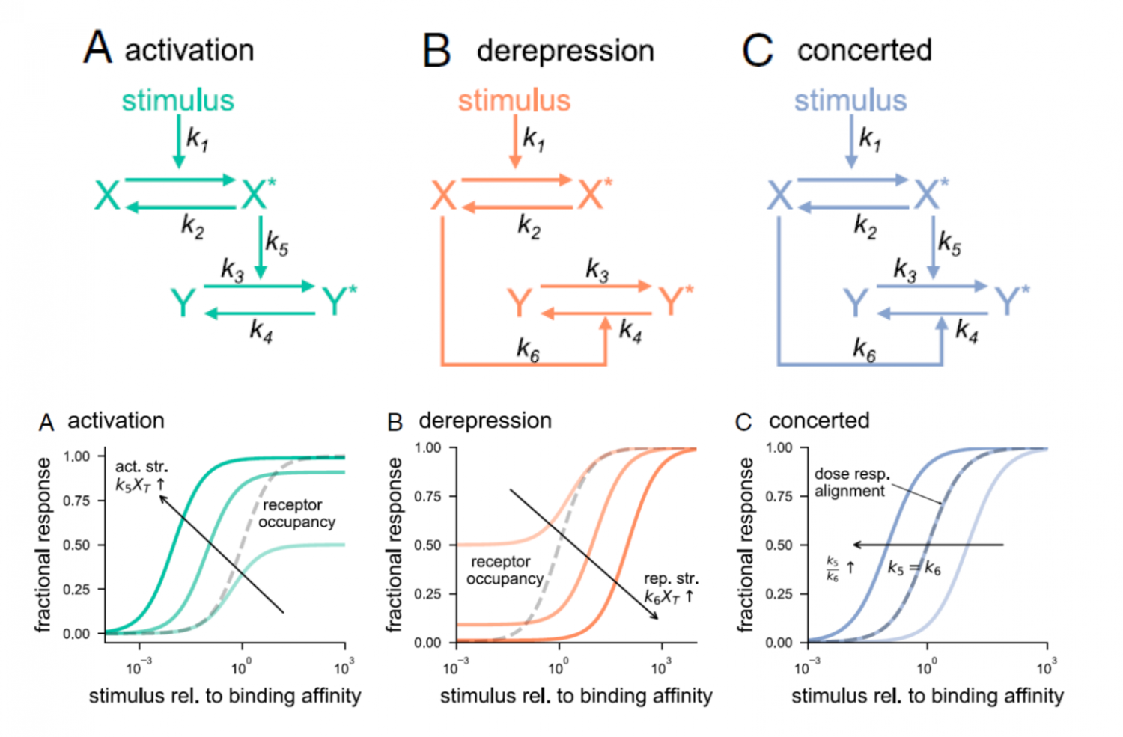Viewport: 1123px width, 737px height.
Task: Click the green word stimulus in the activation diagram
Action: [177, 100]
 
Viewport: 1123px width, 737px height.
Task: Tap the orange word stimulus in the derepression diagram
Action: [514, 100]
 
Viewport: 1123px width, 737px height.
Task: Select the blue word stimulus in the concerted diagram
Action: [850, 100]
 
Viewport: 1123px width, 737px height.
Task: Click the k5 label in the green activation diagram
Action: [276, 243]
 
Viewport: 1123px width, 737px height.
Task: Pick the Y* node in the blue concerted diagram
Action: [1011, 301]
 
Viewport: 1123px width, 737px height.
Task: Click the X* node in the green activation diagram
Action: [258, 194]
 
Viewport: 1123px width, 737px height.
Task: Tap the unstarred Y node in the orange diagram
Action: [519, 303]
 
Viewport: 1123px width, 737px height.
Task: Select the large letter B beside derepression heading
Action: [436, 51]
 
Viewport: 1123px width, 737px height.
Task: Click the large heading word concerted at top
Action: [864, 50]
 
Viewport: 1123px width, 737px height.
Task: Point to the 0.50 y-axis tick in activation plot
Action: [76, 545]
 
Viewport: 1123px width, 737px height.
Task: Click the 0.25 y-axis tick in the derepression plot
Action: [427, 594]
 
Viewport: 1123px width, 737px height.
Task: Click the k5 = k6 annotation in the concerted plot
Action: [913, 569]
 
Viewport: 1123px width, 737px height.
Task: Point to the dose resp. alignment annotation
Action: [852, 483]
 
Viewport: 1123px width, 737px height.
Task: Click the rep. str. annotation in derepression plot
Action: [670, 587]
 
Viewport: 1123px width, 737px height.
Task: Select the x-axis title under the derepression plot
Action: [576, 697]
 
